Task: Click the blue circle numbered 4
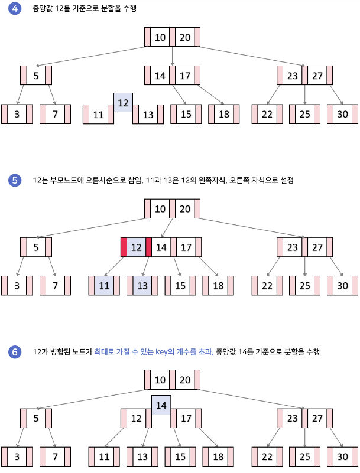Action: pyautogui.click(x=15, y=8)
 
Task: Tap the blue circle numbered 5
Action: pyautogui.click(x=15, y=180)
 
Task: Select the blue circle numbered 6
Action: pyautogui.click(x=15, y=352)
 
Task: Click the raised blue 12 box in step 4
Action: pyautogui.click(x=123, y=103)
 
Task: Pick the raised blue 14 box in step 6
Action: pyautogui.click(x=161, y=405)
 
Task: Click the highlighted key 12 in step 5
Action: pyautogui.click(x=136, y=247)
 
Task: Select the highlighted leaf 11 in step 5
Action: pyautogui.click(x=104, y=285)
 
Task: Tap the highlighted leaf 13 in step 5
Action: pyautogui.click(x=142, y=285)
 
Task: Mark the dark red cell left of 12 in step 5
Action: pyautogui.click(x=124, y=247)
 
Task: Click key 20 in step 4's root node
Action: pyautogui.click(x=185, y=37)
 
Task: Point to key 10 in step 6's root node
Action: pyautogui.click(x=160, y=380)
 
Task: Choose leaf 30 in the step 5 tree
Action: pyautogui.click(x=342, y=285)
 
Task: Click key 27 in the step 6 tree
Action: pyautogui.click(x=317, y=419)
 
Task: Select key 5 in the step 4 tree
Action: pyautogui.click(x=36, y=76)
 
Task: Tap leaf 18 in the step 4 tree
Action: pyautogui.click(x=224, y=114)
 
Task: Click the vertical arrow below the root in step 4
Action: pyautogui.click(x=172, y=56)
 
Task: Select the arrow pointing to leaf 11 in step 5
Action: pyautogui.click(x=113, y=266)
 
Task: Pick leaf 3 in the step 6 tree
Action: pyautogui.click(x=17, y=456)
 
